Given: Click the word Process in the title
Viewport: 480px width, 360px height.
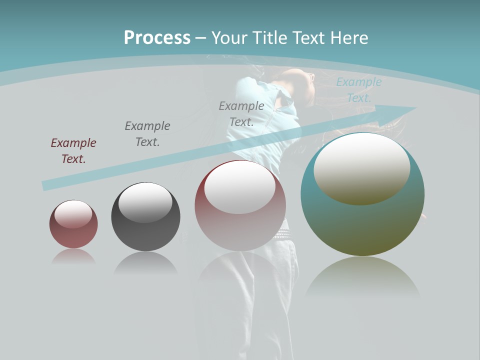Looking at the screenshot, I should (x=157, y=38).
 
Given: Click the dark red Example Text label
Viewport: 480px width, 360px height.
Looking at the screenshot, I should (x=73, y=151).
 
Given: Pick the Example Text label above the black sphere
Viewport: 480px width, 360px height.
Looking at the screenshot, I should (x=147, y=134).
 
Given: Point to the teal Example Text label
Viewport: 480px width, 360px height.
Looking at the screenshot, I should (x=359, y=90).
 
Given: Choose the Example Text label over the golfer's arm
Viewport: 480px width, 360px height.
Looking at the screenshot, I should (x=241, y=113).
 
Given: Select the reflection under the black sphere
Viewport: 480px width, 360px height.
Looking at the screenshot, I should (x=145, y=262).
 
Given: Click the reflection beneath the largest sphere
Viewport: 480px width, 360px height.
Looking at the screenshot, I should (x=362, y=277).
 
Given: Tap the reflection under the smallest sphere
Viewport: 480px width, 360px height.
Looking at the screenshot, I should (x=73, y=256).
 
